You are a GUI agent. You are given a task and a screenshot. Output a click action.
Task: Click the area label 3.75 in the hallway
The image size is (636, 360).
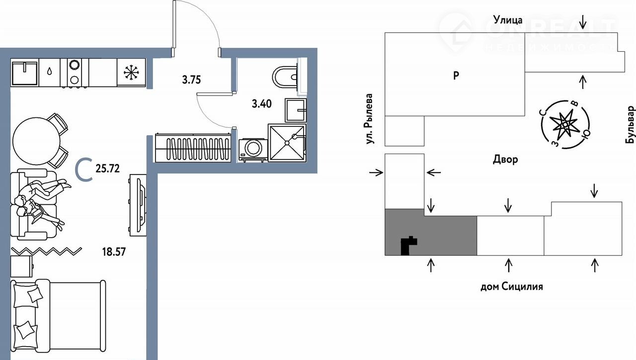point(191,80)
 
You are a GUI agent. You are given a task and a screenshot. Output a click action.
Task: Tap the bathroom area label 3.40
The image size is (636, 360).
point(261,104)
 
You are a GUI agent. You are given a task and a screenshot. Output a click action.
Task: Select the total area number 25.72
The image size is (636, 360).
point(108,169)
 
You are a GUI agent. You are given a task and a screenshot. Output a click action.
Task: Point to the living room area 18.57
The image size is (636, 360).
point(114,252)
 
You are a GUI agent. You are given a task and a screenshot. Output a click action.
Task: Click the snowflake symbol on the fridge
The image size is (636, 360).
point(132,72)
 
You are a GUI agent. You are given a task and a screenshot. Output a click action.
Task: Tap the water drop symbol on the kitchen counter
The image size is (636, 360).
point(50,71)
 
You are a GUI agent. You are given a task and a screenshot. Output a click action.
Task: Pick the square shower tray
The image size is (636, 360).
point(287,143)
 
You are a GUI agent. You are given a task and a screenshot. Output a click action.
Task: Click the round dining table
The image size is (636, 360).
point(36,141)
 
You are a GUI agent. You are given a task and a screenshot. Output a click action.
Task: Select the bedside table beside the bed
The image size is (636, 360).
point(21,266)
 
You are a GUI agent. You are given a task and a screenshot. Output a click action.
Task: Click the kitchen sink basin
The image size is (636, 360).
point(24,73)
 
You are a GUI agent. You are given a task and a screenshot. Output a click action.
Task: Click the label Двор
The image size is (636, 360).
point(505,160)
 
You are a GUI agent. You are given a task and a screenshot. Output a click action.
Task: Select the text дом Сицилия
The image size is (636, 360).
point(512,286)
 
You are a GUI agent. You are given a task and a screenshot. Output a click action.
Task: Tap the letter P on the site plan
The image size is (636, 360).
point(456,76)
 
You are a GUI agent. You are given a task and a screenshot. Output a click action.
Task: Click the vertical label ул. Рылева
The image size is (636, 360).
point(369,119)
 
